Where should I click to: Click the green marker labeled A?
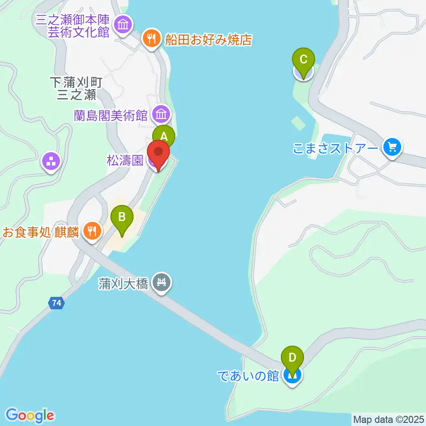pyautogui.click(x=164, y=136)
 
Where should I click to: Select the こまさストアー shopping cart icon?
pyautogui.click(x=392, y=146)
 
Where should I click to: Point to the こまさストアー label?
pyautogui.click(x=335, y=147)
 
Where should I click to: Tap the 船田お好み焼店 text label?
pyautogui.click(x=208, y=40)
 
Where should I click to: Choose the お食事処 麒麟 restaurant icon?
pyautogui.click(x=92, y=231)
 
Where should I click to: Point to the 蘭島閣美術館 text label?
pyautogui.click(x=110, y=115)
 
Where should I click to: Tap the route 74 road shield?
pyautogui.click(x=56, y=303)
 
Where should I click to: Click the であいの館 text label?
pyautogui.click(x=248, y=375)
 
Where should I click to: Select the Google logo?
pyautogui.click(x=30, y=415)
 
